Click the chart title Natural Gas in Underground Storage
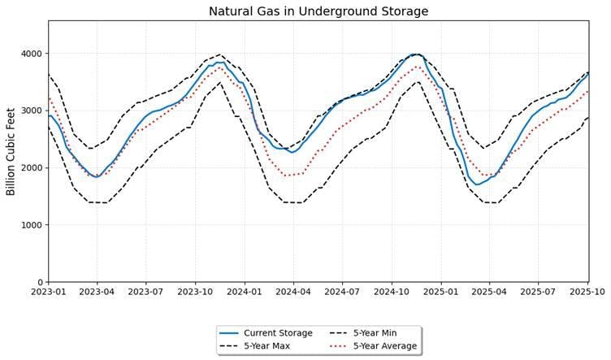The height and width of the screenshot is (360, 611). (318, 11)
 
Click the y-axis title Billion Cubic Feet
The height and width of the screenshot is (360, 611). (11, 151)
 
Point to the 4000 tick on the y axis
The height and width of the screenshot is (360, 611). (32, 54)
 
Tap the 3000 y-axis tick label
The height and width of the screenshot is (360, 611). (32, 111)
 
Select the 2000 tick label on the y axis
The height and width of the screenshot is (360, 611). (32, 168)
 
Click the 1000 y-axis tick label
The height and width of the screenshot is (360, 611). (32, 225)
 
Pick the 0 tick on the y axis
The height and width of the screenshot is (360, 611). (40, 282)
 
